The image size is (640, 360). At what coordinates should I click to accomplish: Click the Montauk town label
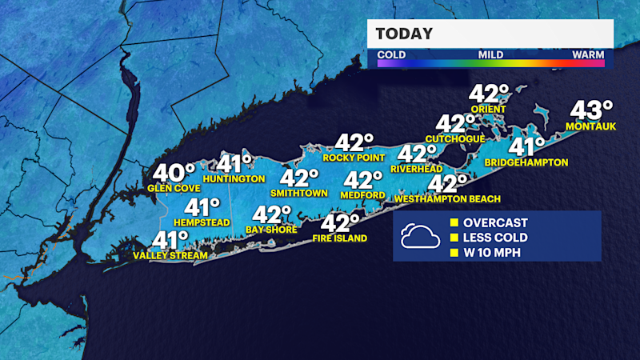pyautogui.click(x=590, y=126)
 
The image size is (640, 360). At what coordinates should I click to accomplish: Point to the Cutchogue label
pyautogui.click(x=455, y=138)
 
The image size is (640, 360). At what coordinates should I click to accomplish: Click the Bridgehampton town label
pyautogui.click(x=526, y=162)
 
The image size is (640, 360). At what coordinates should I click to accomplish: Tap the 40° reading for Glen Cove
pyautogui.click(x=174, y=173)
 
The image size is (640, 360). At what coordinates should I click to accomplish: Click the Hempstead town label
pyautogui.click(x=186, y=222)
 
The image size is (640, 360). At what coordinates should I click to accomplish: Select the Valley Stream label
pyautogui.click(x=170, y=255)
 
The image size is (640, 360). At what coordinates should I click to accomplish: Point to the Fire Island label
pyautogui.click(x=340, y=238)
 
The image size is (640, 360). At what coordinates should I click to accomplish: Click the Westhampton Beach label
pyautogui.click(x=447, y=198)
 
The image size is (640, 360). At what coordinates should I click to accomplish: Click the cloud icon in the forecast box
pyautogui.click(x=419, y=235)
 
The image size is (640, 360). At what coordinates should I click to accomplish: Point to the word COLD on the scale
pyautogui.click(x=391, y=55)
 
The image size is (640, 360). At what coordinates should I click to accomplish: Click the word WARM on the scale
pyautogui.click(x=588, y=55)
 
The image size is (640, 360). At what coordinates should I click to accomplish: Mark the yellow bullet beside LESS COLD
pyautogui.click(x=453, y=238)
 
